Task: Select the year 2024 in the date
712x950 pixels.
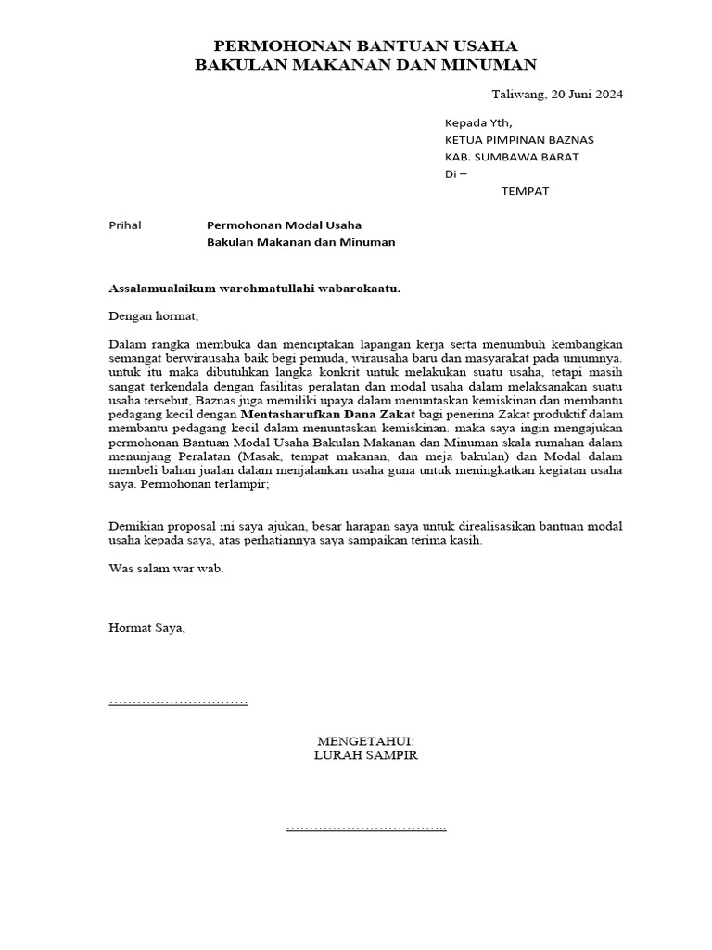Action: [607, 95]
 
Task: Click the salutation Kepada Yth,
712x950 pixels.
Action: [477, 122]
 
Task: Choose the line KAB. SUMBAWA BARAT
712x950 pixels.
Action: [512, 157]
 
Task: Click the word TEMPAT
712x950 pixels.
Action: [525, 191]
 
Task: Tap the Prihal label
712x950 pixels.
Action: [125, 225]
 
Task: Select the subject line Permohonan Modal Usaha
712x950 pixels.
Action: [284, 225]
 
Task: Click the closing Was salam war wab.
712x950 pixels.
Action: [166, 568]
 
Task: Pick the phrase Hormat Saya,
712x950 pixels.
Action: [147, 628]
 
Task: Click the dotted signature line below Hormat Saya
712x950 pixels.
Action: [179, 702]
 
